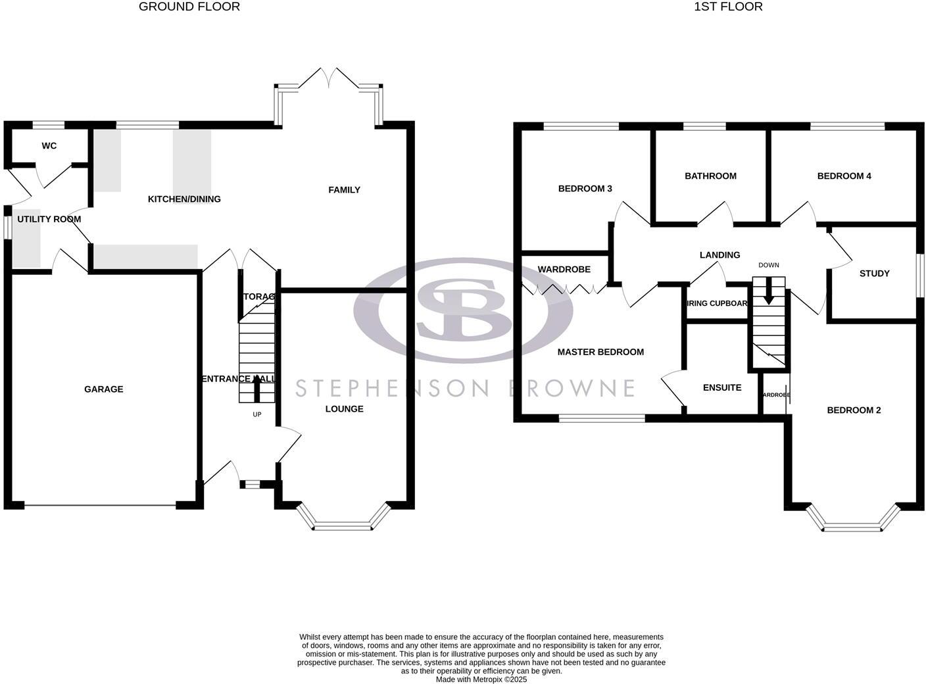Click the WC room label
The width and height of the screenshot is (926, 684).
(x=49, y=146)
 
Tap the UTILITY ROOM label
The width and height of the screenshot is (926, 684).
(x=49, y=219)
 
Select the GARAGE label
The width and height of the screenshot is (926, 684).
(x=103, y=389)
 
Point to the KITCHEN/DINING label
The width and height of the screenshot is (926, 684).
(x=184, y=199)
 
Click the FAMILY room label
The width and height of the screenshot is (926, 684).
(x=345, y=190)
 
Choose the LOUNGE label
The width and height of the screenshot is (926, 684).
(x=345, y=409)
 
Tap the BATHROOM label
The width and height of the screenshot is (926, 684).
(x=710, y=176)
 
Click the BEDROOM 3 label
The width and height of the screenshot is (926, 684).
(x=585, y=189)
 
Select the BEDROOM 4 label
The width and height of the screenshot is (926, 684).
(x=844, y=176)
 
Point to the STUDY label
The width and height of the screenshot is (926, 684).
(x=875, y=274)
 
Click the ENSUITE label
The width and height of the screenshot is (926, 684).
(x=722, y=388)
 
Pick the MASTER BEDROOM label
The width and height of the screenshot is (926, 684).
(x=600, y=352)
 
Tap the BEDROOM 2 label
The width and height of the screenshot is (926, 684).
(x=854, y=410)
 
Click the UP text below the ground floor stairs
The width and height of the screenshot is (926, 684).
(x=257, y=414)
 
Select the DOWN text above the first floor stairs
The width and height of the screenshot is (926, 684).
(x=769, y=265)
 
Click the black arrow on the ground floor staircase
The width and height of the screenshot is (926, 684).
(x=257, y=391)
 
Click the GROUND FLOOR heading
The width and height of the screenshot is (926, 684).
(x=189, y=7)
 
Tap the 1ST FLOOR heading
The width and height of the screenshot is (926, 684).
(x=728, y=7)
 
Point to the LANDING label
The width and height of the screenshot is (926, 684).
(x=720, y=255)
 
